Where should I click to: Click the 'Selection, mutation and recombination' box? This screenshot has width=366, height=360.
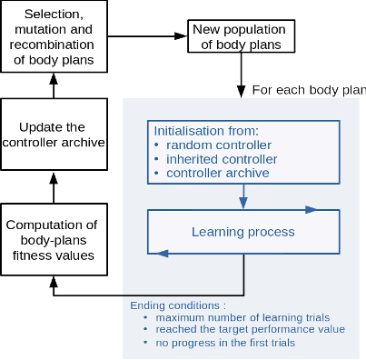point(54,36)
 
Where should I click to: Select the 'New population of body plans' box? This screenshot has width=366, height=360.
point(242,36)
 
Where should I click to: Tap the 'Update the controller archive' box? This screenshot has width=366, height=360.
point(54,135)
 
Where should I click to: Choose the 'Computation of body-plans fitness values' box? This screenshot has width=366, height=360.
point(54,239)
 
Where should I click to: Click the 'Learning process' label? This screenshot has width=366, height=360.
point(243,232)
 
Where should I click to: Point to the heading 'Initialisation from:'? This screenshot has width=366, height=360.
point(206,131)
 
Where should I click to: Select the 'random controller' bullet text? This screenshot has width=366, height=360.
point(219,145)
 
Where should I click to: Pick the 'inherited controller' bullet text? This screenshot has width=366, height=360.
point(222,159)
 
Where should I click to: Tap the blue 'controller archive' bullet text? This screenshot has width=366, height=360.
point(218,173)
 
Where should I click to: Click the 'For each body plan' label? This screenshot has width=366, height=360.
point(309,90)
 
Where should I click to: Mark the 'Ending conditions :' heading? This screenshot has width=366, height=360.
point(178,305)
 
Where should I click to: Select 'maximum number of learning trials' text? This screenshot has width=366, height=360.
point(242,317)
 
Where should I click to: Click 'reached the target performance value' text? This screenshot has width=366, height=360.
point(250,329)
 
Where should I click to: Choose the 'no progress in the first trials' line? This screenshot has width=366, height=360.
point(225,343)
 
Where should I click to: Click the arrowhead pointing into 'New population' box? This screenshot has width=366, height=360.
point(182,36)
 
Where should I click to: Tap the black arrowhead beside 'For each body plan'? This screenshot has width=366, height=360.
point(241,92)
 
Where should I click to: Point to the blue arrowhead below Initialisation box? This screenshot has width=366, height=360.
point(243,203)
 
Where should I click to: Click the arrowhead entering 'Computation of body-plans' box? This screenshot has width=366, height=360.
point(54,282)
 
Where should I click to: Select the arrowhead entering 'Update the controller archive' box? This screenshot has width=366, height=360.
point(54,178)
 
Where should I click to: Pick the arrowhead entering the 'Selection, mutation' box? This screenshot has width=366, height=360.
point(54,78)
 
